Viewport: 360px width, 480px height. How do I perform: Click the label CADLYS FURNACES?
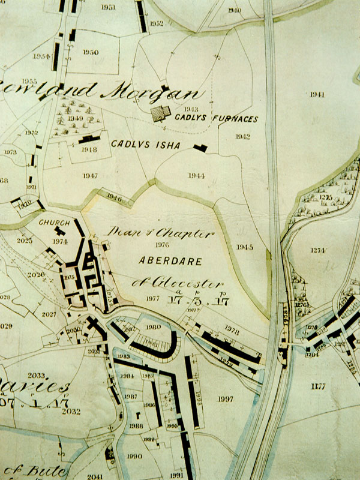(x=217, y=119)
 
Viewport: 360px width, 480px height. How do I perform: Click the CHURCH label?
(x=55, y=222)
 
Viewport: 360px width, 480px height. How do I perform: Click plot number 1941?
(x=317, y=95)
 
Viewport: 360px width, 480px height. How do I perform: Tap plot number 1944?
(x=196, y=176)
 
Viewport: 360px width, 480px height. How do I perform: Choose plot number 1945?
(x=245, y=247)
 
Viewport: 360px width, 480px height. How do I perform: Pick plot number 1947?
(x=91, y=176)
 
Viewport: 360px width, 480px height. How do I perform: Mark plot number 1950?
(x=91, y=52)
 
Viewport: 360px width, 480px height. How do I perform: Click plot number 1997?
(x=226, y=399)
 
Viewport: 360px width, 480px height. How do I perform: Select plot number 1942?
(x=242, y=137)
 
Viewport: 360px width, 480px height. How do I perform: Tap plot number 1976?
(x=162, y=245)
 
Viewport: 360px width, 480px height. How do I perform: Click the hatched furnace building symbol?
(x=160, y=114)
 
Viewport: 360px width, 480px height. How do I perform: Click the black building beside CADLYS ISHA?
(x=200, y=147)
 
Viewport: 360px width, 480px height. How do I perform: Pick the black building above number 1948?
(x=89, y=139)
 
